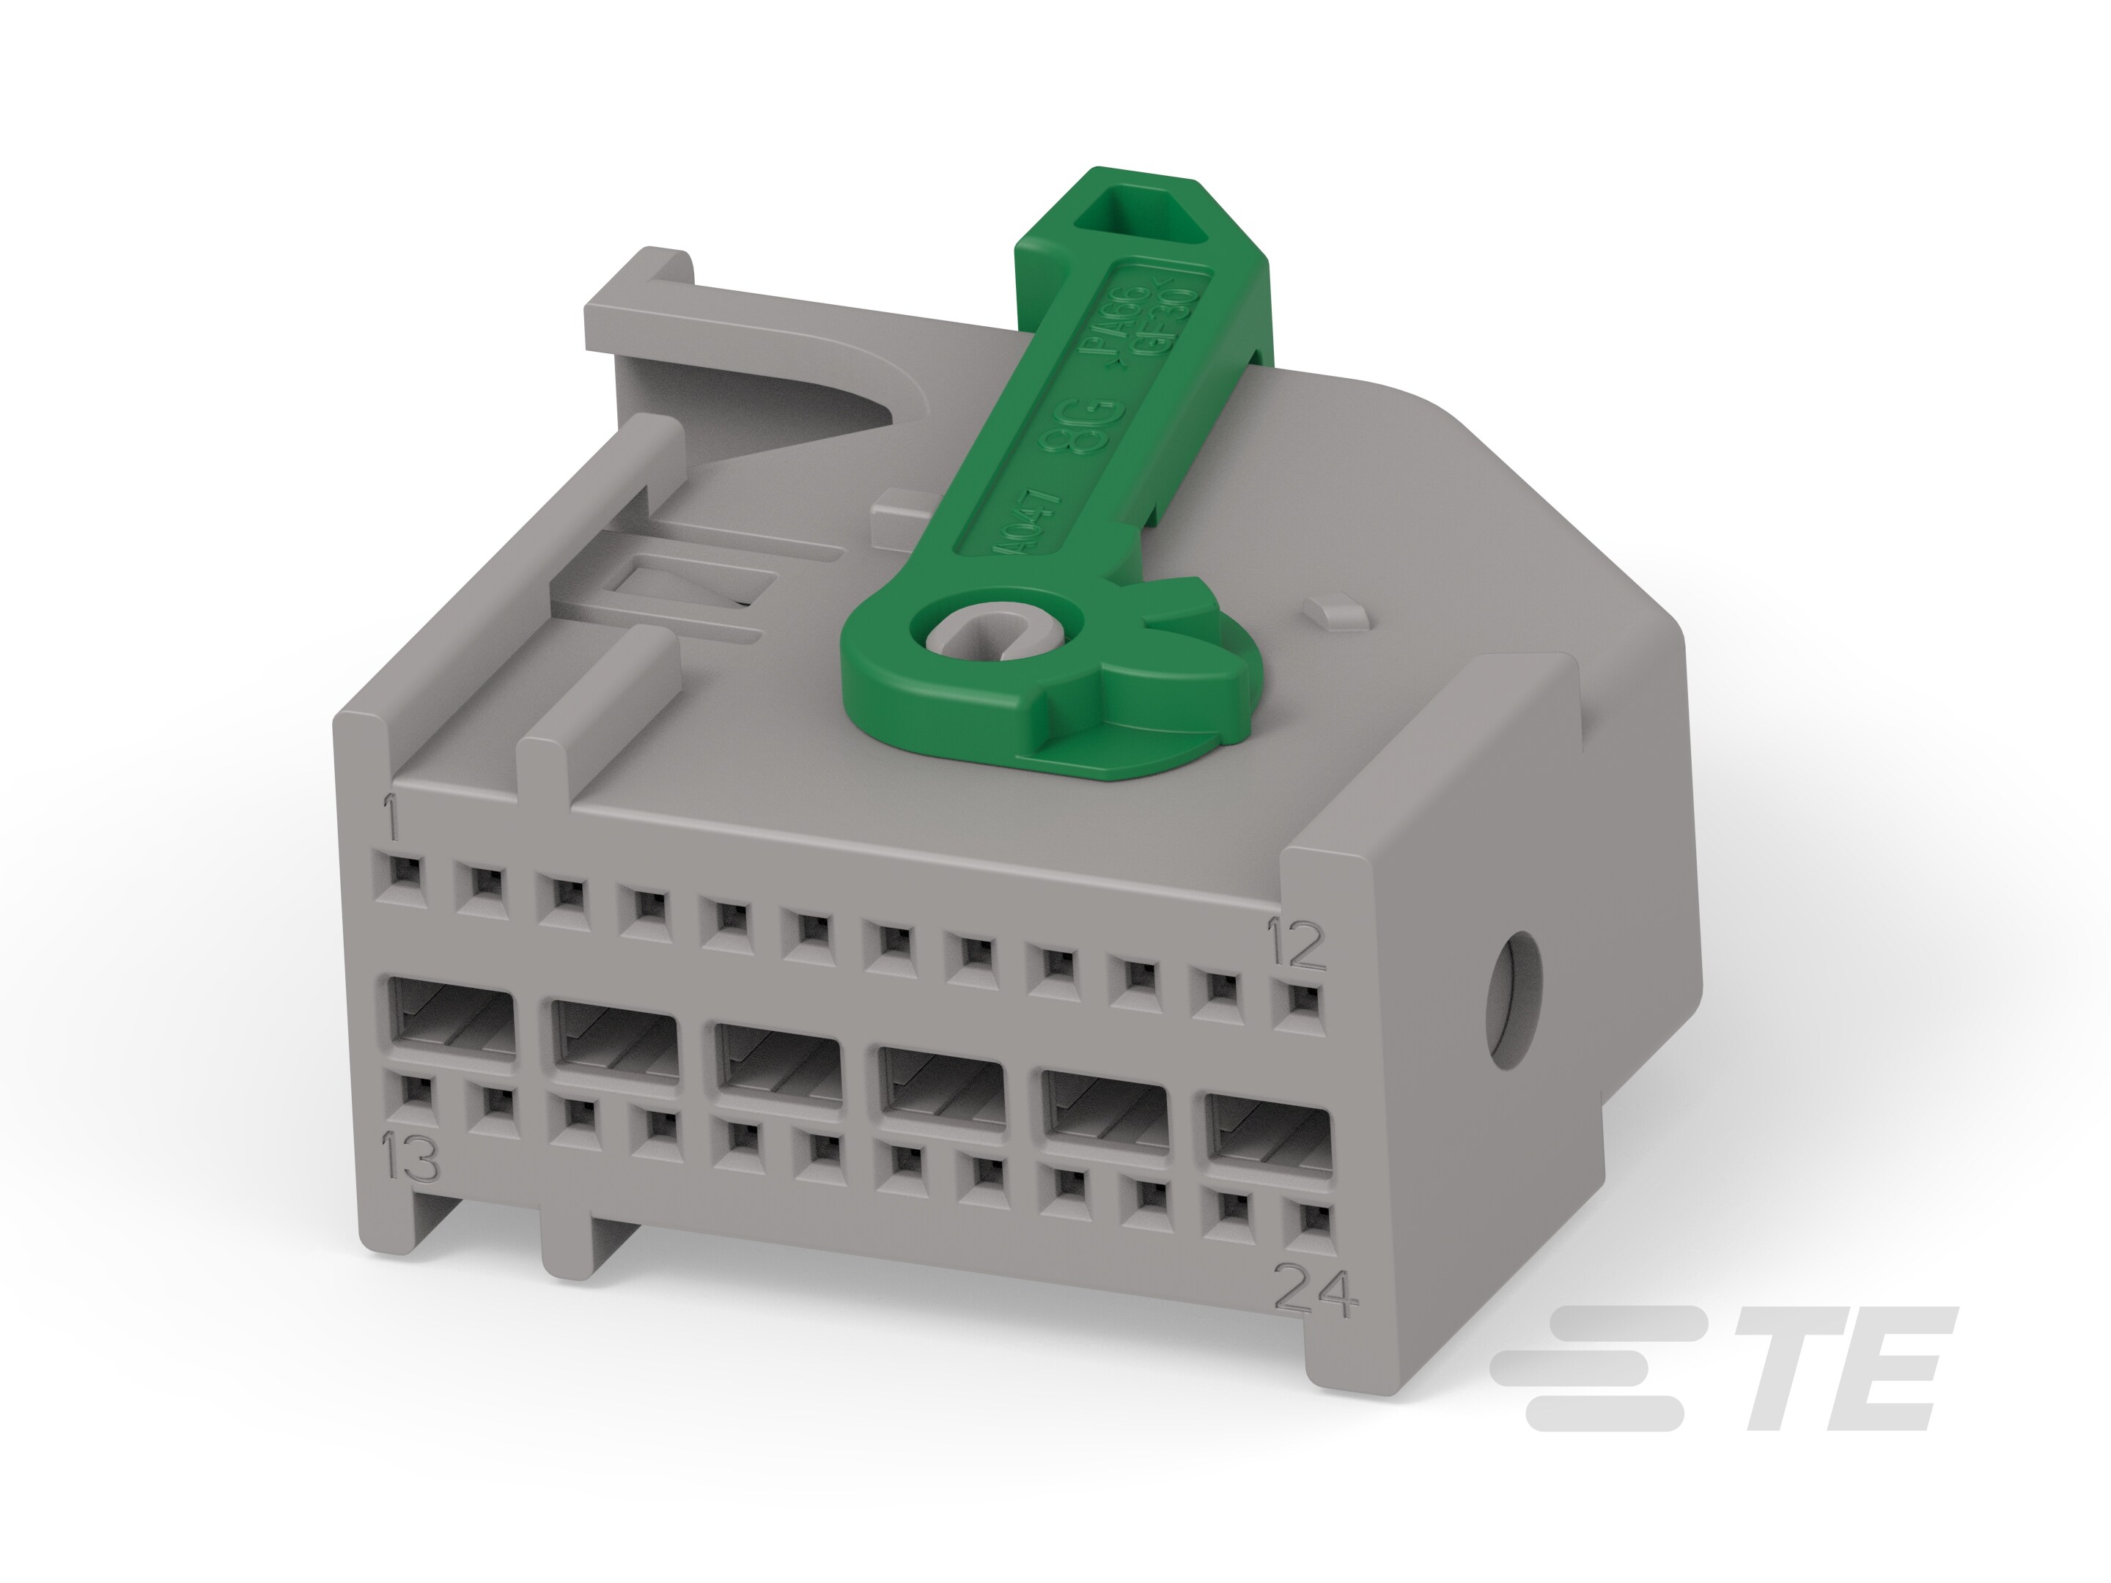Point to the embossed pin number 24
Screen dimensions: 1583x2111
pos(1316,1291)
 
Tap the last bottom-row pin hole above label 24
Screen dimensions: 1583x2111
pos(1312,1219)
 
